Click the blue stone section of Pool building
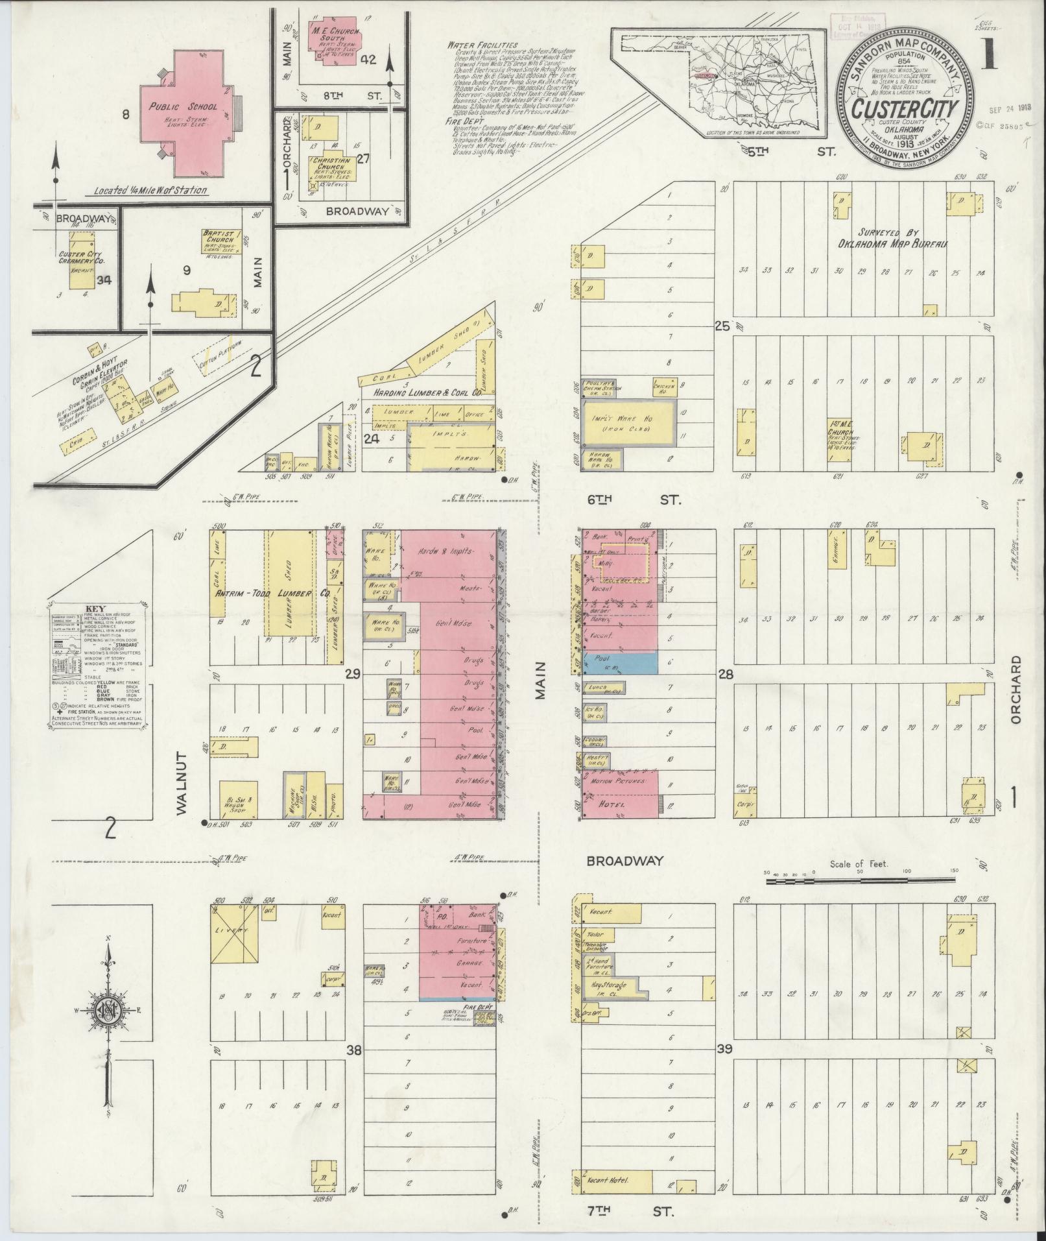(x=621, y=662)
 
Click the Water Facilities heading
(x=477, y=45)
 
